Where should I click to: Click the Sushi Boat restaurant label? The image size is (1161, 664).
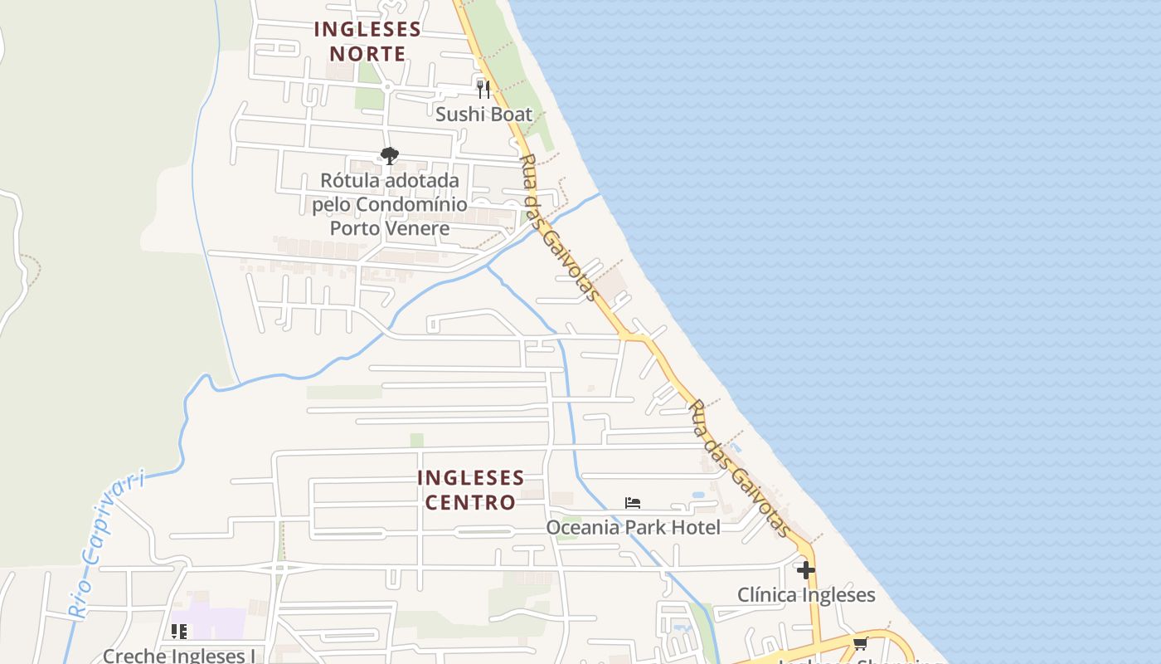(x=483, y=115)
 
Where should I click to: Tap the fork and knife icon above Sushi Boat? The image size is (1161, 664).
(x=483, y=89)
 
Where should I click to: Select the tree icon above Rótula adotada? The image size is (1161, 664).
(x=389, y=155)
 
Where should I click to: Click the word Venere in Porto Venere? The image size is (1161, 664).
(x=414, y=228)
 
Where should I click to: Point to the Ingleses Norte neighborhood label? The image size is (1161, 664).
(x=367, y=41)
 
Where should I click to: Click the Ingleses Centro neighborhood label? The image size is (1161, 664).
(x=470, y=490)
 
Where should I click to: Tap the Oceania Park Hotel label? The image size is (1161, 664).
(x=633, y=527)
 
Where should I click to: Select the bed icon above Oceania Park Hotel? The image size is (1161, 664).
(x=633, y=502)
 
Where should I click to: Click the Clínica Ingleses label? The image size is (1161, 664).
(x=806, y=595)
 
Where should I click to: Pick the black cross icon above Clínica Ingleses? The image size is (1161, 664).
(x=805, y=570)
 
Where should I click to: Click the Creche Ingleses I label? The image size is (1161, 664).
(x=179, y=656)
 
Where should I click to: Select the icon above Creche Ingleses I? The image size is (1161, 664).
(x=179, y=632)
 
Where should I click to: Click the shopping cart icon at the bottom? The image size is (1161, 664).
(x=861, y=643)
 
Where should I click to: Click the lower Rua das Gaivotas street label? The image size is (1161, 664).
(x=740, y=468)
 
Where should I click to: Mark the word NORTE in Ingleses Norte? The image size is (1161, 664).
(x=367, y=54)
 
